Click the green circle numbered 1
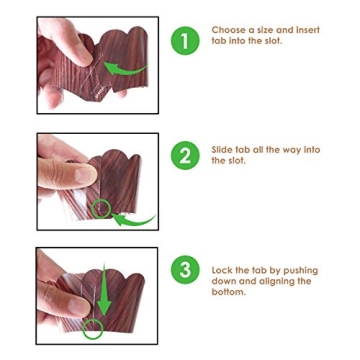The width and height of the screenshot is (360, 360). tap(185, 41)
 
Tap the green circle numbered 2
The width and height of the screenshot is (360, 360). tap(185, 155)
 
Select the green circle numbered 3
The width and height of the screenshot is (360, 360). tap(185, 270)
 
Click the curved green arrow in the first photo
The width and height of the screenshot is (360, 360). tap(125, 69)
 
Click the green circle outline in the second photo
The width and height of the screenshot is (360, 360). tap(101, 208)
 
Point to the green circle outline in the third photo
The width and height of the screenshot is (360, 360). tap(93, 329)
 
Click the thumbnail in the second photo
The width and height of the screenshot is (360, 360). tap(86, 175)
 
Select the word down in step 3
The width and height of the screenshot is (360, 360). tap(224, 281)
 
